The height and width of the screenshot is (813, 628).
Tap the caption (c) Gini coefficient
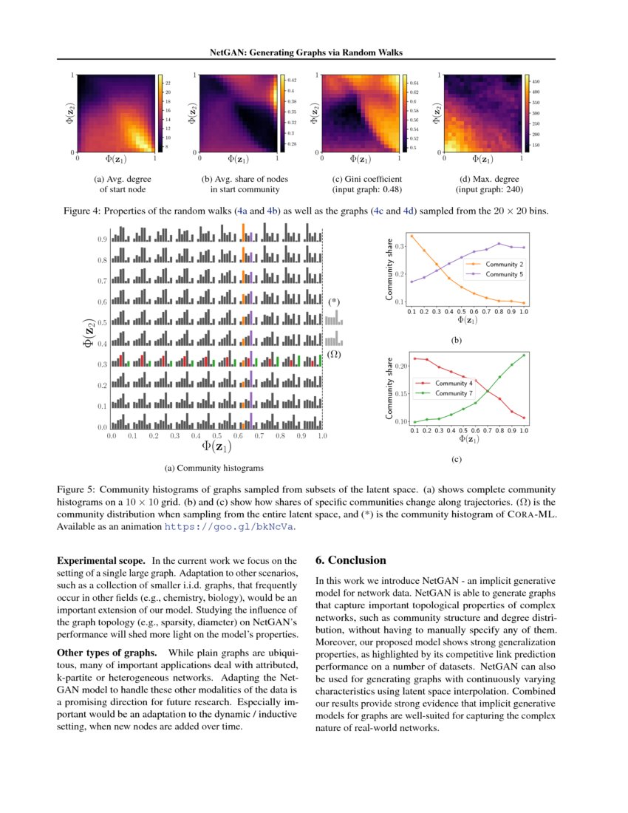tap(367, 179)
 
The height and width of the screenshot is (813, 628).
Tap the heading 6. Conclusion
tap(351, 560)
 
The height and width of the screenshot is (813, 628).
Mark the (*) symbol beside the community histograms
tap(335, 302)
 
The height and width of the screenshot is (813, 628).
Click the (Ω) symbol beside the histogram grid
tap(334, 355)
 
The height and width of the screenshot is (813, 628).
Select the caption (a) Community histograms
tap(214, 468)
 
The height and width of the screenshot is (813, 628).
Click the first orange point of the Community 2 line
tap(412, 236)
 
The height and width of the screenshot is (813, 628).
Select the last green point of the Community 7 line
tap(524, 355)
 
